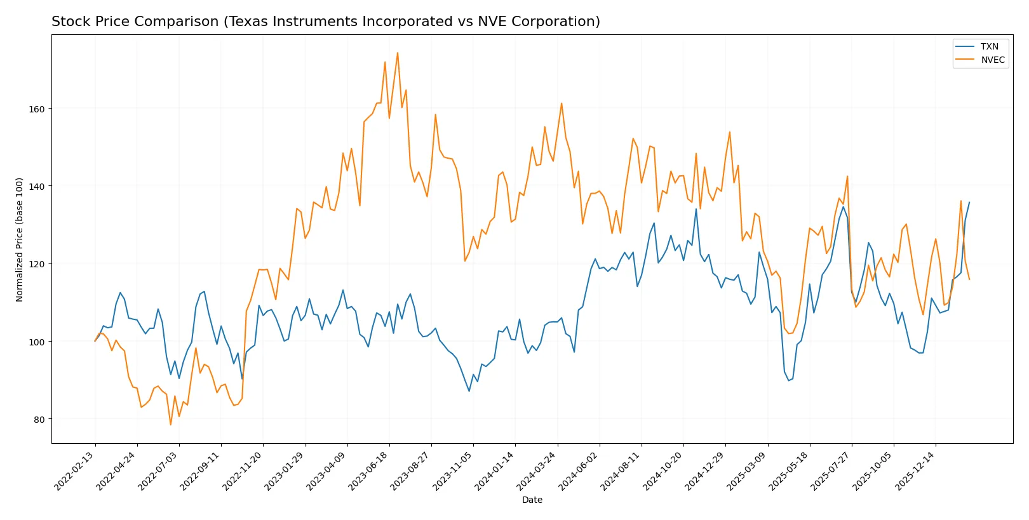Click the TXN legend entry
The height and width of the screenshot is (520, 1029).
coord(989,46)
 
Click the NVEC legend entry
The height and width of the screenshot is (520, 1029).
coord(992,60)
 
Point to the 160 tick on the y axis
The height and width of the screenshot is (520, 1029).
coord(37,109)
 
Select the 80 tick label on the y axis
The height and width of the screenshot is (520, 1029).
coord(39,419)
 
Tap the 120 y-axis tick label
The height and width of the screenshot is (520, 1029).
coord(37,264)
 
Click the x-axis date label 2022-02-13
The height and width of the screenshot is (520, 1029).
coord(75,470)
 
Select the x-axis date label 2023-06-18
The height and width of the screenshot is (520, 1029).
coord(368,470)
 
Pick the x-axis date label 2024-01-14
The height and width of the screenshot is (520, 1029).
coord(494,470)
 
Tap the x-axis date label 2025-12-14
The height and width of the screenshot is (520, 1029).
coord(915,470)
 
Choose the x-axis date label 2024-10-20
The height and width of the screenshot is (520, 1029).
coord(662,470)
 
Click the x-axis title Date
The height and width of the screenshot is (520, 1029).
coord(532,500)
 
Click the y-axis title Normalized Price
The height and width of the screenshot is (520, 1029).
coord(20,239)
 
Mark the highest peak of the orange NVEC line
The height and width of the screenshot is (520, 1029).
coord(398,53)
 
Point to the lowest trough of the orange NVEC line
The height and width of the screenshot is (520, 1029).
coord(170,424)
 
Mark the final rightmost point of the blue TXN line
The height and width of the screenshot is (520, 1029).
coord(969,202)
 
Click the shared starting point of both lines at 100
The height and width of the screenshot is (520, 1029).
coord(95,341)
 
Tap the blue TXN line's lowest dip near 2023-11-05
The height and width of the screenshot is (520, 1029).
coord(469,391)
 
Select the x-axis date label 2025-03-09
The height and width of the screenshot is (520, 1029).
coord(746,470)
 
